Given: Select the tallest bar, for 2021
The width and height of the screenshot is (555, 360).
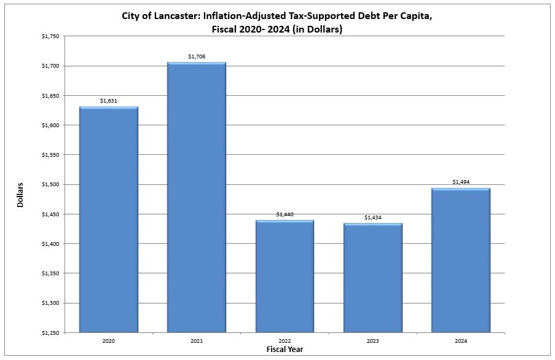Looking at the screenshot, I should tap(197, 197).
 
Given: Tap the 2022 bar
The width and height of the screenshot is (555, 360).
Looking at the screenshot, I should tap(285, 276).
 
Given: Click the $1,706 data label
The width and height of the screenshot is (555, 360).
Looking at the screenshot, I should tap(197, 57).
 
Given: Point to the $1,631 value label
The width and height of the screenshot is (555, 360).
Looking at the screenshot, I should tap(109, 101).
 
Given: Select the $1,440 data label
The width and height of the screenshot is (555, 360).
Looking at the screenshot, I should tap(285, 214).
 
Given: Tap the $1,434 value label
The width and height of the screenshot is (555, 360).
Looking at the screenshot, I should tap(372, 217).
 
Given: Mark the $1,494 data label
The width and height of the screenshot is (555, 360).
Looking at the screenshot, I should tap(460, 182).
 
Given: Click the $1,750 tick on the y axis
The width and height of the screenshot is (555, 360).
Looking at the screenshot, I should tap(51, 36).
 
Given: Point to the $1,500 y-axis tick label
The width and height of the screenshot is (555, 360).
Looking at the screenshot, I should tap(51, 184).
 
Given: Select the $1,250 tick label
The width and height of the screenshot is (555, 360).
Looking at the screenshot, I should tap(51, 332).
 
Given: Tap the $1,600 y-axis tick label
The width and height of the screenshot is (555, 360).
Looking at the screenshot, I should tap(51, 125).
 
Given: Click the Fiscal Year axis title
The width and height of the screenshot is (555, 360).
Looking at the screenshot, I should tap(284, 349).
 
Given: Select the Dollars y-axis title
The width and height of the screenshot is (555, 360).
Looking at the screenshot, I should tap(20, 194).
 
